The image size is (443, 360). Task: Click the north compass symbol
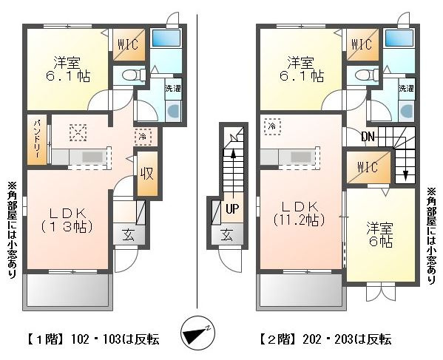197,333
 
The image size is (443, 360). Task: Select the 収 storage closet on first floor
147,174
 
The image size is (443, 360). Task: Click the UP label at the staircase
232,209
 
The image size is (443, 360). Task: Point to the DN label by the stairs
368,137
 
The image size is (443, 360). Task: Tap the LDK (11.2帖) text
300,214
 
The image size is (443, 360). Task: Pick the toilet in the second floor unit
366,75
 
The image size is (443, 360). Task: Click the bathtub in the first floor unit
166,38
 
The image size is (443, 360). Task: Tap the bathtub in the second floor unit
399,38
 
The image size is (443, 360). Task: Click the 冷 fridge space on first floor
143,137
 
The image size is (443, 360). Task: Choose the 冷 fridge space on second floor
272,127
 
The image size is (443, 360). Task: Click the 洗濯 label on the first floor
173,89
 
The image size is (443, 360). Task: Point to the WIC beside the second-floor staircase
368,167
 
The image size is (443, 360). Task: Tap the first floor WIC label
128,44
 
